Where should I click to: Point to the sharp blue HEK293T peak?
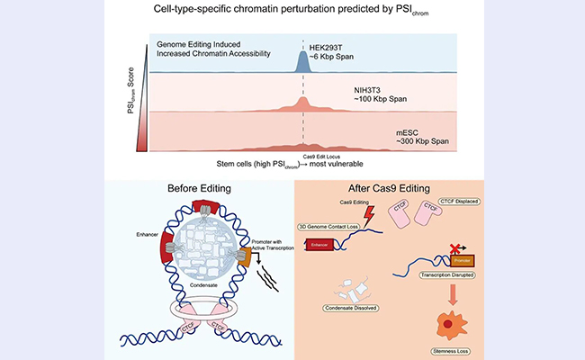[x=303, y=60]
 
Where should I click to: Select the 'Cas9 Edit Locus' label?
[x=303, y=157]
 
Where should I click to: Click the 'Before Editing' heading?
[x=201, y=189]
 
